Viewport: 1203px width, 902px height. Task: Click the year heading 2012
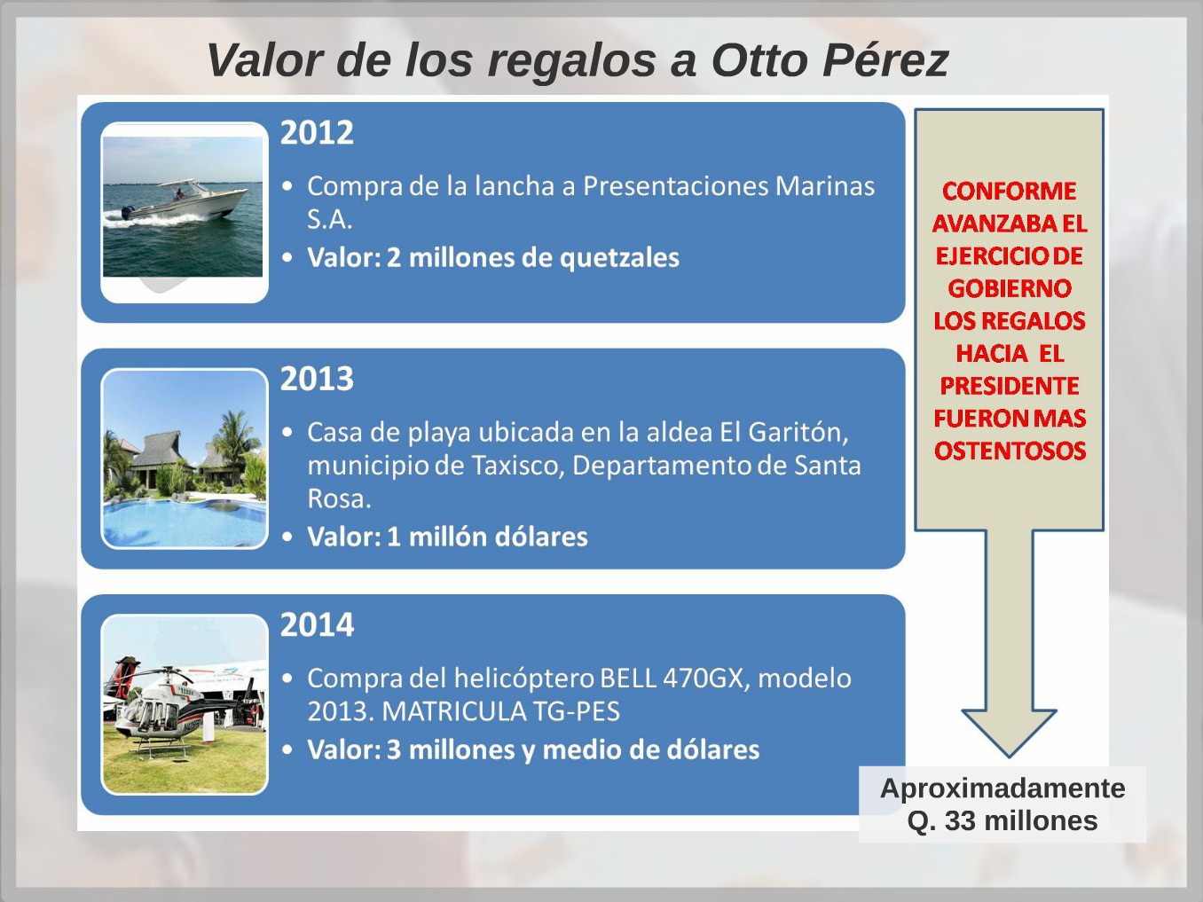coord(317,132)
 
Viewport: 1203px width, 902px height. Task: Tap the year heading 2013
coord(317,379)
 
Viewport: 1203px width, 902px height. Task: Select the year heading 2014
coord(317,624)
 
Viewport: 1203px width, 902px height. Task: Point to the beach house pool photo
coord(185,459)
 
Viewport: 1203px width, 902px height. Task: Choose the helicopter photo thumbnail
coord(185,704)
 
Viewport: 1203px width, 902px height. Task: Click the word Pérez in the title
coord(885,59)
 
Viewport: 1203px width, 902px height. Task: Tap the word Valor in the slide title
coord(265,59)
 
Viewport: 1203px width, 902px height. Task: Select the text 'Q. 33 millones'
coord(1002,820)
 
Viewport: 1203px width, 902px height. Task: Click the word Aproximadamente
coord(1002,789)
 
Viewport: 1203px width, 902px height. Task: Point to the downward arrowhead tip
coord(1009,757)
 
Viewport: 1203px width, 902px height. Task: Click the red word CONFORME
coord(1009,192)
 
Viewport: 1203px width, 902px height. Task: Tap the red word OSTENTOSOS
coord(1010,451)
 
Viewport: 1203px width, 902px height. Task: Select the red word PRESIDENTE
coord(1009,386)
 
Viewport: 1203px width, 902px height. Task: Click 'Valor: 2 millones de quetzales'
coord(492,258)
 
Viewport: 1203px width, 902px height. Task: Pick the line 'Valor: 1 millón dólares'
coord(447,537)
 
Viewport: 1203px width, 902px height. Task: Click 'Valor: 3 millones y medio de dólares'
coord(533,749)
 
